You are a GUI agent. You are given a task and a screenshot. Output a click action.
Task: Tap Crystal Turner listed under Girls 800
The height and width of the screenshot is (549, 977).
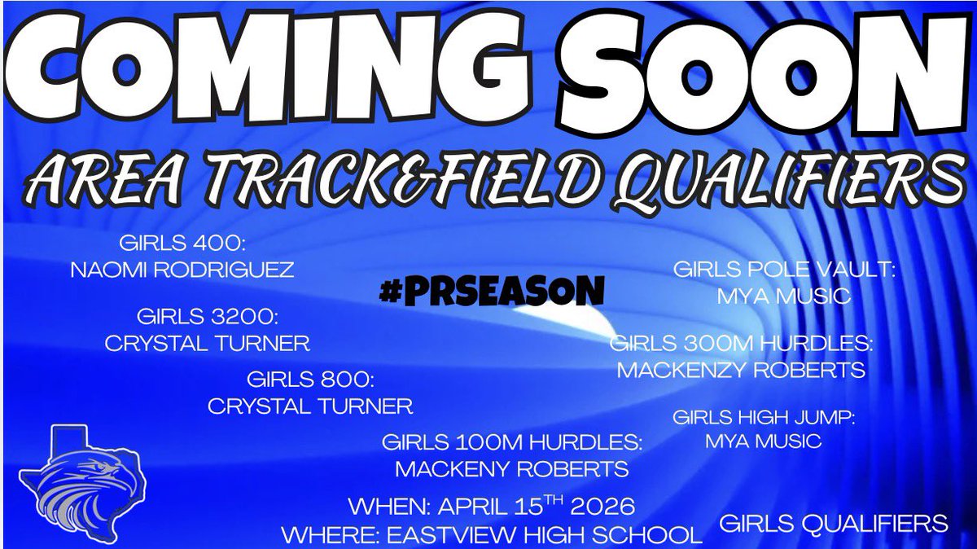tap(310, 406)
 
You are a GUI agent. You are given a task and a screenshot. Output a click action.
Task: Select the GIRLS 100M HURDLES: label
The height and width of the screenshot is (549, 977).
tap(513, 442)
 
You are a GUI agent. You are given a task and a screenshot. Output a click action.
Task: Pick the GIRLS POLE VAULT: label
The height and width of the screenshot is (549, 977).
tap(783, 269)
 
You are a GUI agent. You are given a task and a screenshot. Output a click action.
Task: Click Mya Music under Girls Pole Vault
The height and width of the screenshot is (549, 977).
tap(783, 296)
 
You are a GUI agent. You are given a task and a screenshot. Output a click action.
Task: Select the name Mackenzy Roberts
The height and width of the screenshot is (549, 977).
tap(741, 371)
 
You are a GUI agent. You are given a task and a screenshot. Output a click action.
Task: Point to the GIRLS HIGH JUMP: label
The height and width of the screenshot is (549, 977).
tap(764, 418)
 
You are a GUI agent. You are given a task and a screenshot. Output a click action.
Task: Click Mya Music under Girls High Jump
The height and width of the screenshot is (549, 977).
tap(764, 442)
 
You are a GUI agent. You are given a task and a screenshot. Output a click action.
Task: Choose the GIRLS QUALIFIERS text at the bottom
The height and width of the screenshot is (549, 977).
tap(834, 523)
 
